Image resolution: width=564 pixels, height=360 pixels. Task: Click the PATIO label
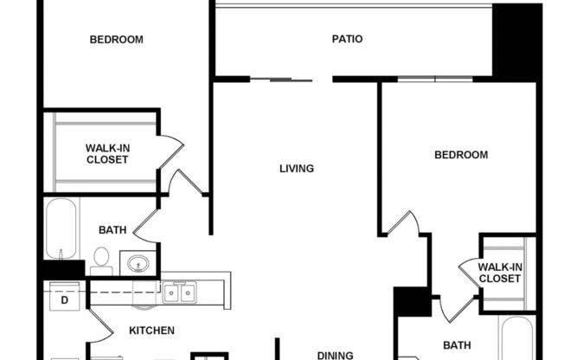tap(347, 39)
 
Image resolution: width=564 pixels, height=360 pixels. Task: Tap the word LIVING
tap(296, 169)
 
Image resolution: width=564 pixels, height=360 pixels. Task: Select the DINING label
tap(335, 355)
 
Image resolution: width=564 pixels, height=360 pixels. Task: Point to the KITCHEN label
tap(152, 331)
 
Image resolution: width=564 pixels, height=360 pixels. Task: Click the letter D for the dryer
tap(65, 301)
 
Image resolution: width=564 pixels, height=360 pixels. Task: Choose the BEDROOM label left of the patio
tap(117, 39)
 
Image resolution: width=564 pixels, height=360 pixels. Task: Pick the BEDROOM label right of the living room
tap(460, 155)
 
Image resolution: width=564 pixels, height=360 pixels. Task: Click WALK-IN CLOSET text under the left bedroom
tap(106, 154)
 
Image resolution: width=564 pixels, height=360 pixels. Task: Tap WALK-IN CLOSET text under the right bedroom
tap(500, 273)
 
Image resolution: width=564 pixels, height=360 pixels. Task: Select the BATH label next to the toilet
tap(112, 230)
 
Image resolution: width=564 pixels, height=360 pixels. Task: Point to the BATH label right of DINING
tap(457, 345)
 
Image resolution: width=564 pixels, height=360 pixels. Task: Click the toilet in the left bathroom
tap(101, 259)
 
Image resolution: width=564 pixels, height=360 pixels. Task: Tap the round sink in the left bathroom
tap(137, 262)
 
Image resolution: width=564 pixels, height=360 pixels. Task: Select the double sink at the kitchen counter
tap(180, 293)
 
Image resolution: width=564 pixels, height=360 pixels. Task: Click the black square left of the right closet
tap(412, 302)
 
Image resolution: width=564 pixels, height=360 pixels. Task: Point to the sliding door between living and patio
tap(280, 80)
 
